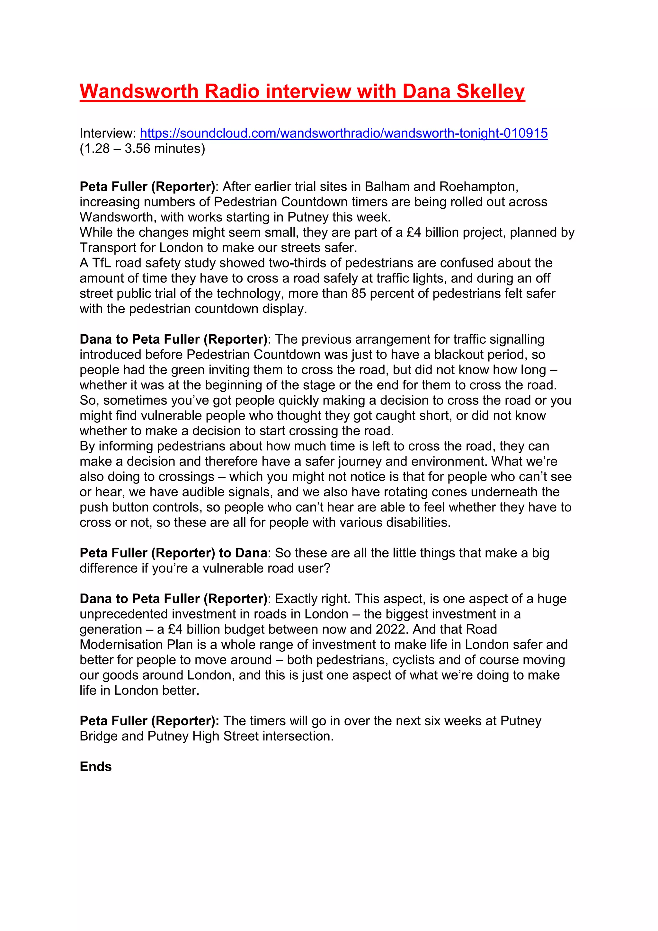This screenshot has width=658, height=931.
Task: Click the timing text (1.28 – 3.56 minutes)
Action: click(x=142, y=149)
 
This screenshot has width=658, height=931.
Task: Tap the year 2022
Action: click(x=392, y=629)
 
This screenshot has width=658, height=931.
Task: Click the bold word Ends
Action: click(x=96, y=767)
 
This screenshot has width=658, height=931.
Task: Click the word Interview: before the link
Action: click(x=107, y=133)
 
